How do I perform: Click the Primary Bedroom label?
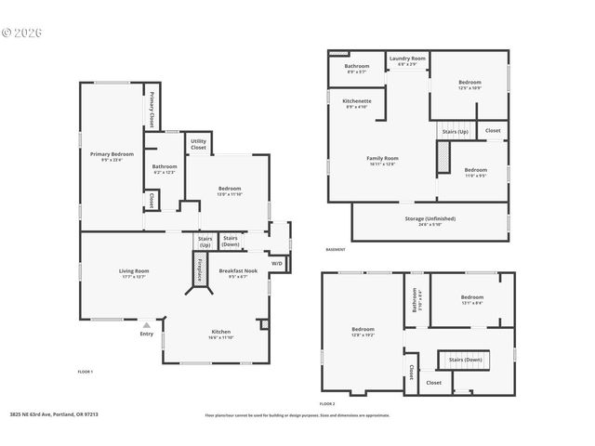(x=112, y=153)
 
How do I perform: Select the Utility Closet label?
(x=198, y=145)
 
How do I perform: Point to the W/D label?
(x=276, y=264)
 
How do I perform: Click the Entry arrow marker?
(x=147, y=325)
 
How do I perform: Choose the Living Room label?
(x=134, y=271)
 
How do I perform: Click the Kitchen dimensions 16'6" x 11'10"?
(x=220, y=337)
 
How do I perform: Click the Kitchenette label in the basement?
(x=357, y=100)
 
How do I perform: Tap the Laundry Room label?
(x=406, y=59)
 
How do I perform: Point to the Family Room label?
(x=382, y=158)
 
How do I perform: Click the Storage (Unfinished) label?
(x=430, y=218)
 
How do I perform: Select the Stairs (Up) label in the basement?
(x=456, y=131)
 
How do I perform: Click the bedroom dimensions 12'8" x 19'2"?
(x=363, y=334)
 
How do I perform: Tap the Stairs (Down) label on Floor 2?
(x=465, y=359)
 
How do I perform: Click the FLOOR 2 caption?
(x=326, y=403)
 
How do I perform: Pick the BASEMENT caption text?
(x=337, y=250)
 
